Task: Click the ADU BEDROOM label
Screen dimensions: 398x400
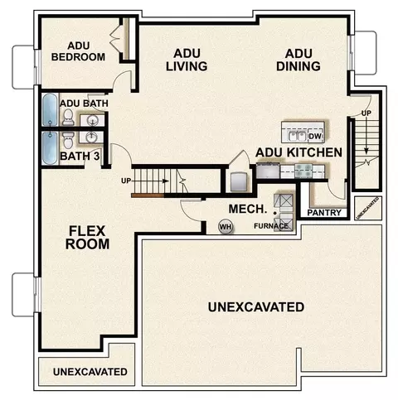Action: [78, 51]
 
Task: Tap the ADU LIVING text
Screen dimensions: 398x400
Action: [187, 60]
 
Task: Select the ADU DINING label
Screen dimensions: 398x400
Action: [298, 60]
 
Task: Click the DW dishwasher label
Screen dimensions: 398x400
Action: [315, 136]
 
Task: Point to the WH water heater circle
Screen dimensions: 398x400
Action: [226, 227]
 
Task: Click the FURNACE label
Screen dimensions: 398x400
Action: [271, 226]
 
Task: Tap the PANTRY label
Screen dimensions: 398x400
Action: [324, 213]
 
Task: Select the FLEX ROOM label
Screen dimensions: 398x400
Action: [87, 238]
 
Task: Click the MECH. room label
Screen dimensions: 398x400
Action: [248, 209]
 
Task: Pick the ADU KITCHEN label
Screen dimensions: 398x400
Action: [298, 152]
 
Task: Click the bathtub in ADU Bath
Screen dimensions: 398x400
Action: [50, 109]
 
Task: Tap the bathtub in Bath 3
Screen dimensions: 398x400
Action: [50, 148]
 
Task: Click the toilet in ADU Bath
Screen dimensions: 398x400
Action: [68, 118]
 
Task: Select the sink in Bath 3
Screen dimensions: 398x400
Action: [91, 137]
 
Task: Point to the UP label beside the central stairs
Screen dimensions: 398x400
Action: [126, 181]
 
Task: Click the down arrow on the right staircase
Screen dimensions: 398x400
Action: [366, 134]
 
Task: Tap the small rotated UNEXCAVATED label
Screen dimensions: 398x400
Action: [367, 208]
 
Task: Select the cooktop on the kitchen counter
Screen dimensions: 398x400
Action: [303, 171]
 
